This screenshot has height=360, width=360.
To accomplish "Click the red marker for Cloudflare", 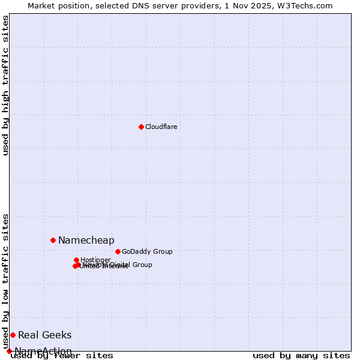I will (x=141, y=127).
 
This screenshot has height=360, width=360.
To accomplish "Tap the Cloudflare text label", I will (x=161, y=127).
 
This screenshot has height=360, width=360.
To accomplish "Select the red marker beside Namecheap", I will (x=53, y=240).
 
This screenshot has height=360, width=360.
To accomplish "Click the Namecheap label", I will (x=86, y=240).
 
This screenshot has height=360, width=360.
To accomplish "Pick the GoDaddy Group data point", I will (x=118, y=251).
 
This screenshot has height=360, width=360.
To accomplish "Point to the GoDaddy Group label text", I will (x=147, y=251).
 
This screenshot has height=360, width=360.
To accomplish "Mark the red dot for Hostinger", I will (x=76, y=260).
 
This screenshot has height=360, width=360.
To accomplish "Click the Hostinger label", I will (x=95, y=260).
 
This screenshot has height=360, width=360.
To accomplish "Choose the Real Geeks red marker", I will (x=13, y=335).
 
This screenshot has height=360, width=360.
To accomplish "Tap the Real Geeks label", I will (x=44, y=335).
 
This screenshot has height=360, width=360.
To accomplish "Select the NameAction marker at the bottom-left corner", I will (x=9, y=351).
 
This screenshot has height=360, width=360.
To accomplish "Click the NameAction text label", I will (x=43, y=351).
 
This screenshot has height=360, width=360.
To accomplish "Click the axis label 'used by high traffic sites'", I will (x=5, y=85).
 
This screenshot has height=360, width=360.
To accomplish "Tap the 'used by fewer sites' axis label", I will (x=62, y=355).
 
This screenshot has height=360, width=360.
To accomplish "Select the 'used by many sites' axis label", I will (x=301, y=355).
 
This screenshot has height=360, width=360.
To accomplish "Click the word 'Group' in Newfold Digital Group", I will (x=142, y=265).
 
